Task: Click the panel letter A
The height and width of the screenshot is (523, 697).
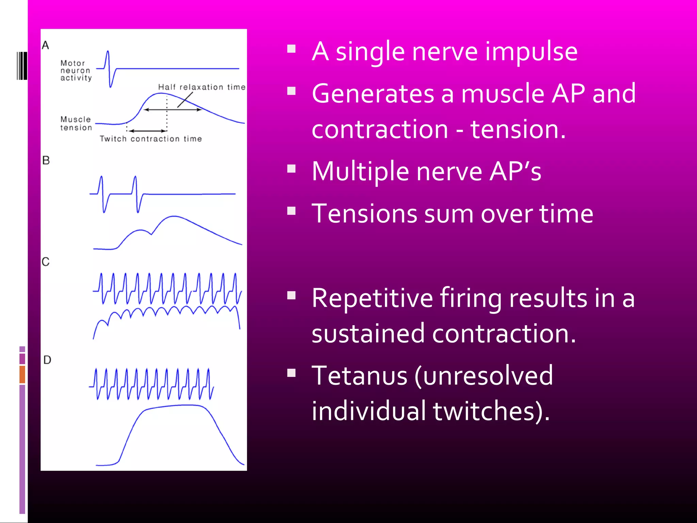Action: pos(46,45)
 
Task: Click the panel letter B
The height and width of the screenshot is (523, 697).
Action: pos(46,160)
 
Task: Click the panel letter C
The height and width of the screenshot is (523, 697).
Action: pos(46,262)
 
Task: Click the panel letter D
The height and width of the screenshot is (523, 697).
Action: pos(47,360)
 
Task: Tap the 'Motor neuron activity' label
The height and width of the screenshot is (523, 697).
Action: pos(76,70)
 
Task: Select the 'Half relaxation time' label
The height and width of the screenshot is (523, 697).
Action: pos(201,87)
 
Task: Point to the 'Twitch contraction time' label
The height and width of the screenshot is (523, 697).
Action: pos(151,139)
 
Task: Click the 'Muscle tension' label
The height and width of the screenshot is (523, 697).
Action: pos(76,124)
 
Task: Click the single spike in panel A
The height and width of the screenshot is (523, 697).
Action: pos(109,68)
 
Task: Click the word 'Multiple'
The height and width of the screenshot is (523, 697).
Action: pos(360,171)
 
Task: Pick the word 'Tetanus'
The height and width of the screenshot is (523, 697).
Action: pos(359,376)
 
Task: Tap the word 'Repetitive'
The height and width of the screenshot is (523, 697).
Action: pos(372,298)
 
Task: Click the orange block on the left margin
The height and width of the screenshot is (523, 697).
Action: pos(22,374)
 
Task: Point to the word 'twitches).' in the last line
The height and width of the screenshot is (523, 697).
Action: pos(491,411)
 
